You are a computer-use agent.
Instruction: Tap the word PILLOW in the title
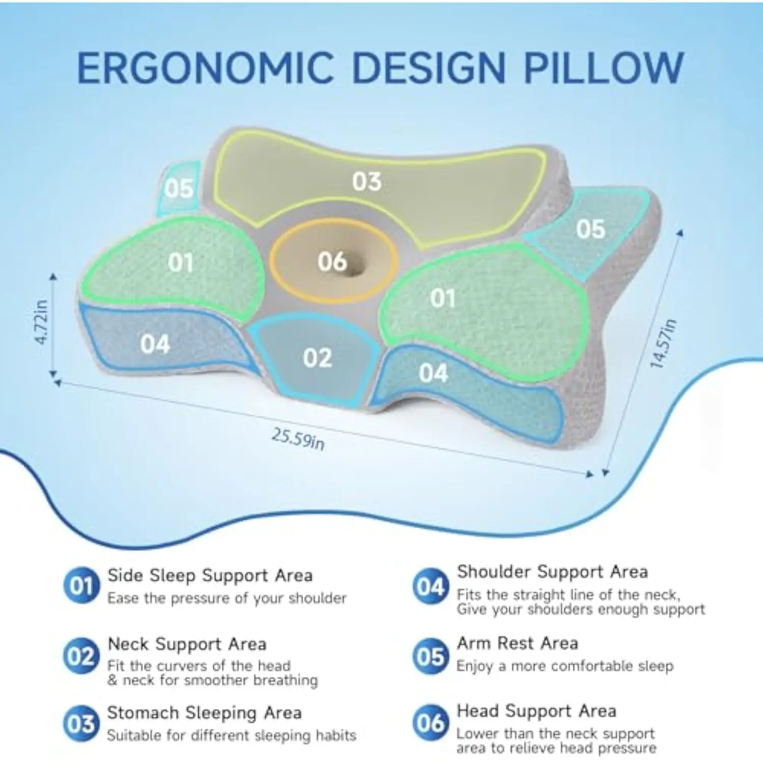(604, 68)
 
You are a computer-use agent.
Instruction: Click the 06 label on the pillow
(332, 261)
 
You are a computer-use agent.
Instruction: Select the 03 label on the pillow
(367, 182)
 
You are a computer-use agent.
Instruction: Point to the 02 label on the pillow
(317, 358)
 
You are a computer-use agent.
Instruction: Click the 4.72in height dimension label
(41, 322)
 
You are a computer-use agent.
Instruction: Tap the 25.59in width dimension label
(298, 438)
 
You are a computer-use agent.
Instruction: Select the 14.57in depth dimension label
(663, 344)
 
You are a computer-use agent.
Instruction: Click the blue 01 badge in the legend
(81, 586)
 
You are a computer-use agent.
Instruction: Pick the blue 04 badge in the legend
(430, 586)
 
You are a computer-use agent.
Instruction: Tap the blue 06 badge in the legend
(430, 723)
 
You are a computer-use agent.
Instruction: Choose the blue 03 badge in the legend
(81, 723)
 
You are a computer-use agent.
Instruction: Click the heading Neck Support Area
(187, 644)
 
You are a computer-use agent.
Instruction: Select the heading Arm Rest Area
(517, 643)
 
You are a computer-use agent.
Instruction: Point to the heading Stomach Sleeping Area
(204, 713)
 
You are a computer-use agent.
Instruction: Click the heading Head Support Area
(537, 711)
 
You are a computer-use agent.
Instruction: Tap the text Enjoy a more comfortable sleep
(565, 666)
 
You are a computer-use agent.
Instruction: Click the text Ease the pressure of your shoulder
(227, 598)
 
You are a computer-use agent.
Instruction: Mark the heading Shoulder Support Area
(552, 572)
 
